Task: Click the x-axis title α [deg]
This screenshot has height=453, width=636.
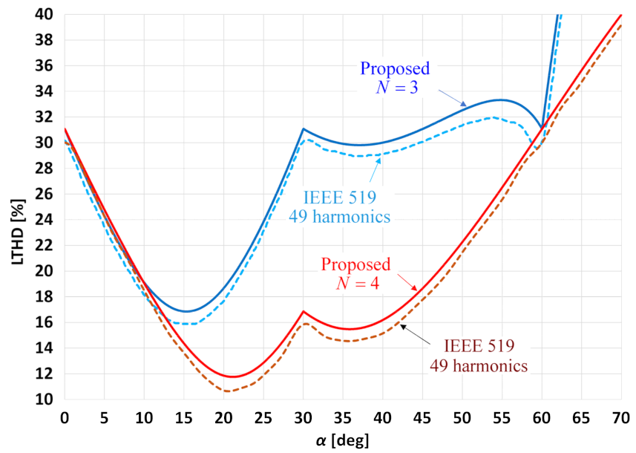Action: (342, 440)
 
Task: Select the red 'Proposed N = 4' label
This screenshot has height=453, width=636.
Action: (355, 273)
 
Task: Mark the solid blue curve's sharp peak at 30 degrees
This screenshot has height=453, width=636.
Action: (303, 129)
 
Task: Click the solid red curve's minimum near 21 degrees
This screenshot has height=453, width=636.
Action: (233, 377)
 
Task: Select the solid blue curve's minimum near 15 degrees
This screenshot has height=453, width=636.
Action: (186, 311)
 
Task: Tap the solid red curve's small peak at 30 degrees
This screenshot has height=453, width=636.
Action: (303, 311)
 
